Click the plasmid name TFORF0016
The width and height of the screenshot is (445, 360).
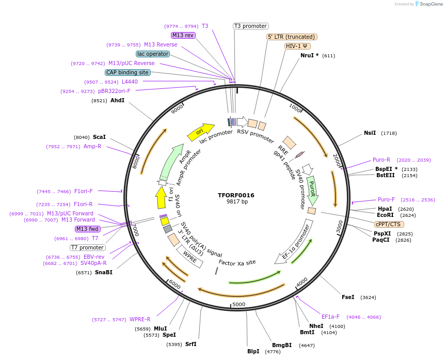pyautogui.click(x=236, y=195)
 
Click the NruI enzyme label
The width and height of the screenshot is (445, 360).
pyautogui.click(x=310, y=55)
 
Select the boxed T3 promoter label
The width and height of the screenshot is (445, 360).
pyautogui.click(x=251, y=26)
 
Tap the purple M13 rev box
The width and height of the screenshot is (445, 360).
pyautogui.click(x=183, y=35)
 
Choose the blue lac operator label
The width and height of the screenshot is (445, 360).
pyautogui.click(x=153, y=54)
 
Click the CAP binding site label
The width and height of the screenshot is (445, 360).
pyautogui.click(x=128, y=73)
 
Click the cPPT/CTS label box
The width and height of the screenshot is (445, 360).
pyautogui.click(x=389, y=224)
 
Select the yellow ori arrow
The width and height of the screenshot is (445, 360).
pyautogui.click(x=201, y=132)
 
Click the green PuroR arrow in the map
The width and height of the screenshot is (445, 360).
pyautogui.click(x=312, y=190)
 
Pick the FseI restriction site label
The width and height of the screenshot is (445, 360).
pyautogui.click(x=348, y=297)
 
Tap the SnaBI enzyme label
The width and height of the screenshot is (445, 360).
pyautogui.click(x=103, y=272)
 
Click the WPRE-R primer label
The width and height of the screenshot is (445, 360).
pyautogui.click(x=140, y=319)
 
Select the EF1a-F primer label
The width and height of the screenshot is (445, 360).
pyautogui.click(x=330, y=317)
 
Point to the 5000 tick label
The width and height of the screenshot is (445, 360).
pyautogui.click(x=239, y=304)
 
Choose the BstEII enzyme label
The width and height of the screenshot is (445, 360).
pyautogui.click(x=385, y=176)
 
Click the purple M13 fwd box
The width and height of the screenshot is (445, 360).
pyautogui.click(x=88, y=229)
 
